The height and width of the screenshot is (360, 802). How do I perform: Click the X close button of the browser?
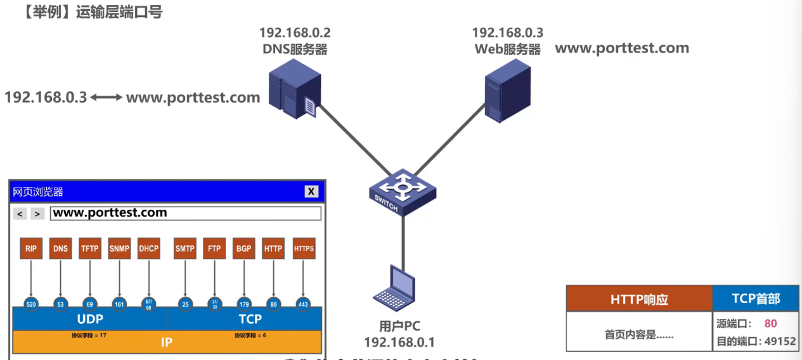311,191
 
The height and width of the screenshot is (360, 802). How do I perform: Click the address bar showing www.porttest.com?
185,213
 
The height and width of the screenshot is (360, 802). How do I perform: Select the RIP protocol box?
31,248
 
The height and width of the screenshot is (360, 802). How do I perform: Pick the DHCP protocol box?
148,248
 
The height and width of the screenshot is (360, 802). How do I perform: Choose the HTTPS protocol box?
304,248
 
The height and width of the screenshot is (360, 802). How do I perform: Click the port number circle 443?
303,304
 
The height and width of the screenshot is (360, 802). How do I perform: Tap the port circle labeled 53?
60,304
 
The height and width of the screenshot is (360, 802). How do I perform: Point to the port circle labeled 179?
243,304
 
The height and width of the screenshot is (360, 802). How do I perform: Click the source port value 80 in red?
770,324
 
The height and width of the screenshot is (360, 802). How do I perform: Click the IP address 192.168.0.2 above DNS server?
295,32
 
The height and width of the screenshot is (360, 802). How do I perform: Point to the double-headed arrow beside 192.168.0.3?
107,98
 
